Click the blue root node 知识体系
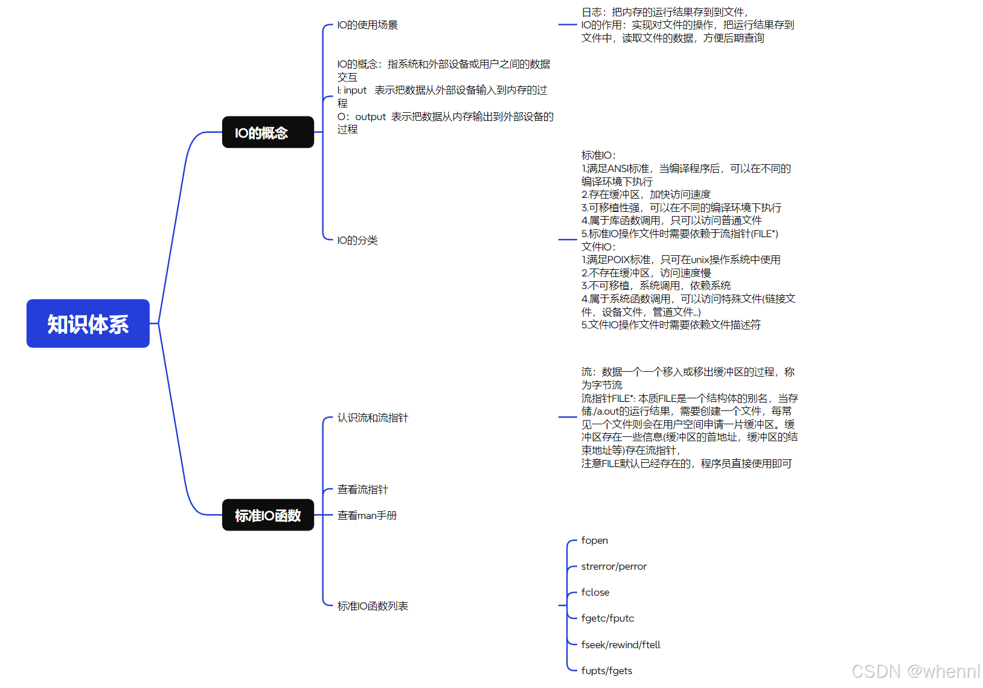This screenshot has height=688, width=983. pos(88,324)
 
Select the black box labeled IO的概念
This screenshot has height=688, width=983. pos(267,133)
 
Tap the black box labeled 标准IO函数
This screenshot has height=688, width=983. pos(267,515)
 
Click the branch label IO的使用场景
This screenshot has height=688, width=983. pos(367,25)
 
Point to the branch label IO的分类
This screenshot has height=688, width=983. pos(357,241)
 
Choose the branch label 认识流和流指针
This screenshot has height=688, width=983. pos(373,418)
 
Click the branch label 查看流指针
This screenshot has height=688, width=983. pos(362,489)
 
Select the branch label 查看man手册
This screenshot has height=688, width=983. pos(367,515)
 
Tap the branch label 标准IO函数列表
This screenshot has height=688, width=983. pos(373,606)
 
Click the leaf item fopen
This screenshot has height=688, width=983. pos(595,541)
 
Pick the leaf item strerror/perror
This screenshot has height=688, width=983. pos(613,567)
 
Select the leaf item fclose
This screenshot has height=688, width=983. pos(595,593)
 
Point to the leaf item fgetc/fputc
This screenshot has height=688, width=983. pos(607,619)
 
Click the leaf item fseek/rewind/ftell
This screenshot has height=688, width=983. pos(621,645)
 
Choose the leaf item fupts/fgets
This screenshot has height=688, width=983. pos(607,671)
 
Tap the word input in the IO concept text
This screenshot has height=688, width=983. pos(355,91)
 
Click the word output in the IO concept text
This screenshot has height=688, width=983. pos(370,117)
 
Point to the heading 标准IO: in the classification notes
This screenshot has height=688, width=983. pos(598,156)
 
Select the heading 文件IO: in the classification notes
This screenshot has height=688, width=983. pos(598,247)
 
